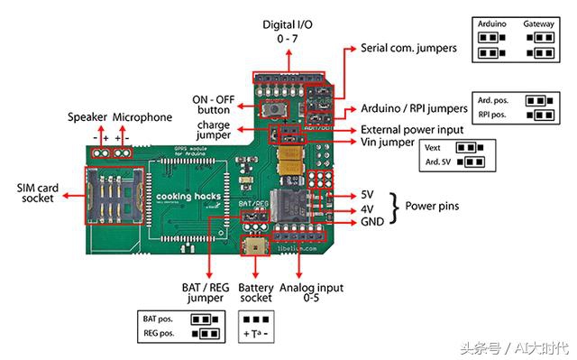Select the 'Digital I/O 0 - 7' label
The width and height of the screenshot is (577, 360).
pyautogui.click(x=288, y=32)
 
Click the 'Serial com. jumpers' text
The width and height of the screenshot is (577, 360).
pyautogui.click(x=408, y=47)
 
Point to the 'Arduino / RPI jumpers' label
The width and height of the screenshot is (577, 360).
pyautogui.click(x=413, y=108)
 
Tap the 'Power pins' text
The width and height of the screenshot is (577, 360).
pyautogui.click(x=430, y=207)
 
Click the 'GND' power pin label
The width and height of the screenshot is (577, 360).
pyautogui.click(x=371, y=221)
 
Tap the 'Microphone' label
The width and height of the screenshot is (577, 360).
pyautogui.click(x=142, y=117)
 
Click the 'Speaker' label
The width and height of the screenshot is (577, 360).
pyautogui.click(x=87, y=117)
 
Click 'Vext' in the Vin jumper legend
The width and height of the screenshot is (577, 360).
pyautogui.click(x=433, y=146)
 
